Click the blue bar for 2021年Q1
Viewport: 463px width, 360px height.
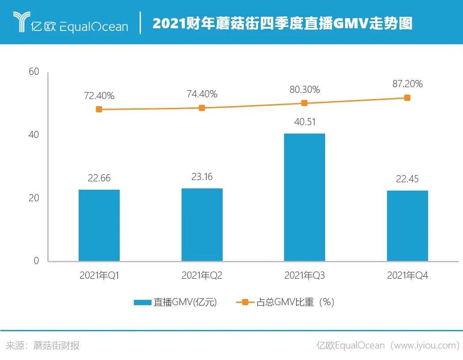(99, 225)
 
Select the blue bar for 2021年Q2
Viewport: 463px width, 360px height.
(202, 224)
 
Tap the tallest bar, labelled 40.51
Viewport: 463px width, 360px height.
(304, 197)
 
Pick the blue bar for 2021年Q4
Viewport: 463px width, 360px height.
(407, 226)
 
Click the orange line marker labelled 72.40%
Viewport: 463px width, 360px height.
(99, 109)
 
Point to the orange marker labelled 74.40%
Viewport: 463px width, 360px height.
(202, 108)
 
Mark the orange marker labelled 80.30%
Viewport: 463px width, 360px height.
(304, 103)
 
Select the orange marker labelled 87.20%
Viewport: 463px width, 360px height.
(407, 98)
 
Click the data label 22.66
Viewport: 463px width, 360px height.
(99, 178)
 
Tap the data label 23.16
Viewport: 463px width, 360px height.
(202, 177)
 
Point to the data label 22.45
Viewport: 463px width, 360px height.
(407, 179)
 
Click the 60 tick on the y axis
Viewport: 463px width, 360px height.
(34, 72)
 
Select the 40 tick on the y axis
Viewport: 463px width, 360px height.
(34, 135)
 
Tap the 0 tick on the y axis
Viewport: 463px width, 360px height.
(37, 261)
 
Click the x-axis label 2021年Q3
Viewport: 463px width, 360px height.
(304, 276)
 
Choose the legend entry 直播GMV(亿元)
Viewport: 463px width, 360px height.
(176, 303)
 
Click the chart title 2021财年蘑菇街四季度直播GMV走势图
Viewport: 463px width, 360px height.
(282, 23)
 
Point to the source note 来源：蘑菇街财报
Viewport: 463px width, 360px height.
(43, 345)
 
